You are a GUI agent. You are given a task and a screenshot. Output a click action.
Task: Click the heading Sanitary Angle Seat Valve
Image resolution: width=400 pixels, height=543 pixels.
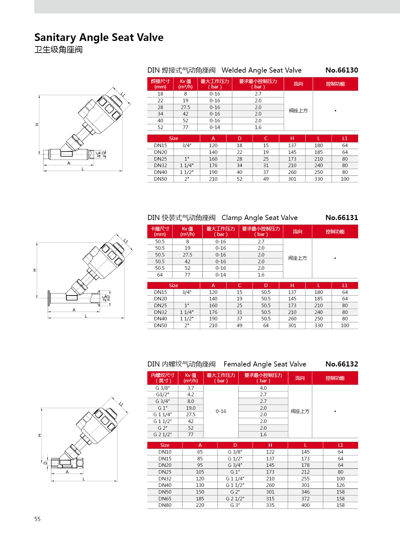99,37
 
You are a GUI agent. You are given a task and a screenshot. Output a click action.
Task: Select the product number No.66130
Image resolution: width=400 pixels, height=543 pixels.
342,70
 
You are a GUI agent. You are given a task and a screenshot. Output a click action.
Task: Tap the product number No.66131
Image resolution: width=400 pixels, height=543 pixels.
342,218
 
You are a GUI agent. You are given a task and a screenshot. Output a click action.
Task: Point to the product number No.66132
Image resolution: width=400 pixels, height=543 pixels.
342,364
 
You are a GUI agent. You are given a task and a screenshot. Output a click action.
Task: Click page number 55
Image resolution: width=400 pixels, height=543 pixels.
37,519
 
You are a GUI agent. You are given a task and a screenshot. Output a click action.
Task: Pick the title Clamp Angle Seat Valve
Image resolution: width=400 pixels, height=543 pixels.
259,218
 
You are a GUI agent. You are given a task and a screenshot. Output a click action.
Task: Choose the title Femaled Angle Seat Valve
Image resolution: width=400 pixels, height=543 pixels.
265,364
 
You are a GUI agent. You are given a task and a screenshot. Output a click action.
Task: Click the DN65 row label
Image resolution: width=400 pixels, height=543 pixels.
165,498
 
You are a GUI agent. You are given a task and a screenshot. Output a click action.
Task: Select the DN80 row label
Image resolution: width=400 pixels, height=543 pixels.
165,505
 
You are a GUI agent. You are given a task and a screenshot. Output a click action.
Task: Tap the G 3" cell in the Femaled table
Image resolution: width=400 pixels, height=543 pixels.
235,505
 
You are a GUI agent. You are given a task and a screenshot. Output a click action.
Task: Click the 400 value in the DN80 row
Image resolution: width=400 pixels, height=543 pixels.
305,505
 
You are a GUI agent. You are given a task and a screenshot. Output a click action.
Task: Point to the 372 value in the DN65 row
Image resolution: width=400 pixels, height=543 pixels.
305,498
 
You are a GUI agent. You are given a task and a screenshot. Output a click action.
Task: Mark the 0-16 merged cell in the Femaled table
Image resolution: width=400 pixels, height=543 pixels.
221,411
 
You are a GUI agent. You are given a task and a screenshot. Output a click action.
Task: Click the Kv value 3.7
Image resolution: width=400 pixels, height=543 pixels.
191,388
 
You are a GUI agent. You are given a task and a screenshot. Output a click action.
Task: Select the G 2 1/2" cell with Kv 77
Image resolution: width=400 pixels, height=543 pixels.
163,435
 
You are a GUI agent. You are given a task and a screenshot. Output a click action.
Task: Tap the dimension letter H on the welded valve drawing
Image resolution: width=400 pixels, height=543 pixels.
37,125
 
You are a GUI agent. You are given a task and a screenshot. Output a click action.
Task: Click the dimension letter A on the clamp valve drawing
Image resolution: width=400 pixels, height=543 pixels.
74,310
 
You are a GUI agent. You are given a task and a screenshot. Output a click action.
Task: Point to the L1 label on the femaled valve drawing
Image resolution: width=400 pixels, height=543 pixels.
121,404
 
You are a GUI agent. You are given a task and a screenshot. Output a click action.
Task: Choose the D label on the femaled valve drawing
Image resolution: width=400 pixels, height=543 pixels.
45,463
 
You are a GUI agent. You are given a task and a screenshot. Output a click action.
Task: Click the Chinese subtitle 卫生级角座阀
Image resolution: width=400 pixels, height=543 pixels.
58,50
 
